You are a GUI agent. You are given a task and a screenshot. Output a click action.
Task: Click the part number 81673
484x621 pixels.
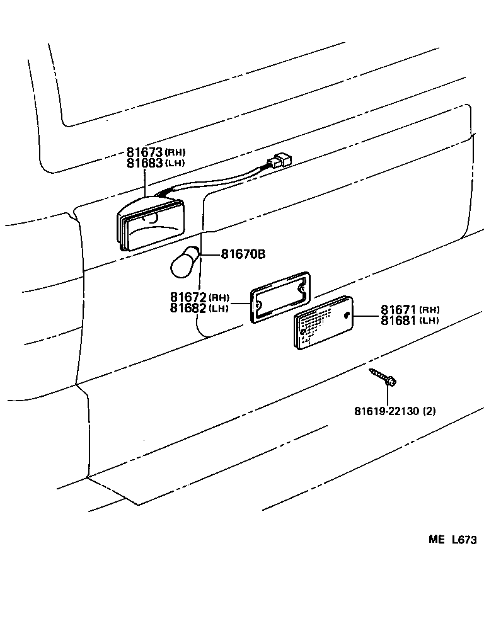click(145, 152)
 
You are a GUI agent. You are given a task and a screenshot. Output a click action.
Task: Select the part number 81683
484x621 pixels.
click(145, 162)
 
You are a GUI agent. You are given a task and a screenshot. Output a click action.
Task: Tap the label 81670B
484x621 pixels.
click(243, 254)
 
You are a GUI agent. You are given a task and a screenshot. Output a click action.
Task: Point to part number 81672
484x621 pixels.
click(188, 297)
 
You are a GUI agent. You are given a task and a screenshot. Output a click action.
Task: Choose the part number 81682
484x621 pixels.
click(188, 307)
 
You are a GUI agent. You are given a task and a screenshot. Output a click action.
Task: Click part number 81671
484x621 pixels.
click(399, 310)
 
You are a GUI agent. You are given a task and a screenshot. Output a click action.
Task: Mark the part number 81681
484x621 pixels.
click(399, 321)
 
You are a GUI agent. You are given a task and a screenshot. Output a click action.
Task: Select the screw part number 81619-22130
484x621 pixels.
click(386, 411)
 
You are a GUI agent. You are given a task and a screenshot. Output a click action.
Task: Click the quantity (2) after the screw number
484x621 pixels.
click(429, 411)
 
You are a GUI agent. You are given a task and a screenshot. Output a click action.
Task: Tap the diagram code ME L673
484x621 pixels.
click(452, 540)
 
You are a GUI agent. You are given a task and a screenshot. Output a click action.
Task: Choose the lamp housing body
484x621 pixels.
click(151, 225)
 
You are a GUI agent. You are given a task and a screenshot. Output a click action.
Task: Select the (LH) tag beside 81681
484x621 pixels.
click(429, 321)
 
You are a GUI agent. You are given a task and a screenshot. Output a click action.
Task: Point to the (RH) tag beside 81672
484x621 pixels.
click(219, 297)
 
